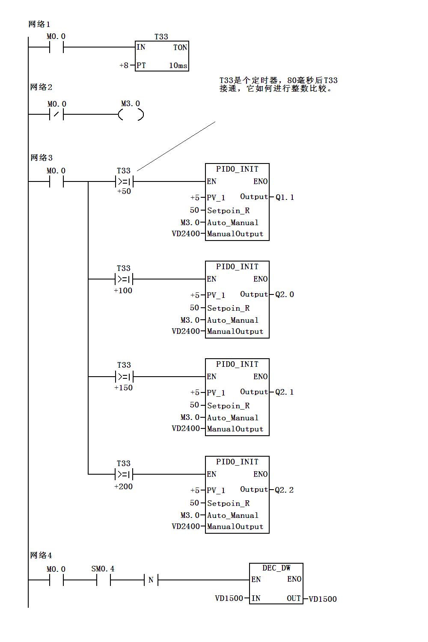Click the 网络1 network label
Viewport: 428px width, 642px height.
click(x=39, y=24)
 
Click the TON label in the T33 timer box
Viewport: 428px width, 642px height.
click(x=180, y=48)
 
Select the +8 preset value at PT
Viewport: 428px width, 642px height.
click(x=124, y=65)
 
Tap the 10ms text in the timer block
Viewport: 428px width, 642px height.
click(x=178, y=65)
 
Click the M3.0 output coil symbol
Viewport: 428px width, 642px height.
click(x=131, y=115)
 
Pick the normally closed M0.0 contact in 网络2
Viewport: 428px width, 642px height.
click(x=56, y=115)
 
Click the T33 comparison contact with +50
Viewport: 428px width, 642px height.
click(x=124, y=182)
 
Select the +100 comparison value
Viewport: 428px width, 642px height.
click(x=123, y=291)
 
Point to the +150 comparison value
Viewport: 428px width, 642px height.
click(x=123, y=388)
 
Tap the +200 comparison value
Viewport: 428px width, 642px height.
click(x=123, y=487)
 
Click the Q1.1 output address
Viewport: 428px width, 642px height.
click(x=285, y=197)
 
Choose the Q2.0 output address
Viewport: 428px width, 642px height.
click(x=285, y=294)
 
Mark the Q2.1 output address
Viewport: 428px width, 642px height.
click(x=285, y=392)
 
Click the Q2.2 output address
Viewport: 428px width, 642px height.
click(x=285, y=490)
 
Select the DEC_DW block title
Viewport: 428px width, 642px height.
click(x=276, y=568)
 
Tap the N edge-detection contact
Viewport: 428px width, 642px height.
click(x=151, y=580)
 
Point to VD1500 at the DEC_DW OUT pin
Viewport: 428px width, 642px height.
click(x=323, y=599)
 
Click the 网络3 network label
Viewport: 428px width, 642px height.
click(x=42, y=158)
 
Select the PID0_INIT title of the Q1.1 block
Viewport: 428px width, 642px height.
click(x=237, y=169)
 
